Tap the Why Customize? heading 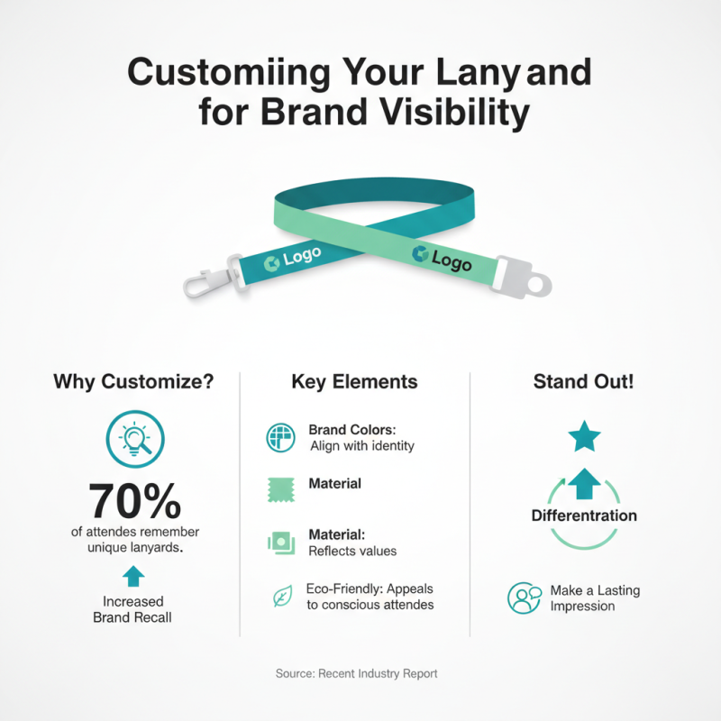pyautogui.click(x=133, y=381)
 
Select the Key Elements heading pyautogui.click(x=354, y=382)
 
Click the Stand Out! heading pyautogui.click(x=583, y=381)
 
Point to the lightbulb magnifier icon pyautogui.click(x=134, y=438)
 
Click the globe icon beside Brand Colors pyautogui.click(x=281, y=437)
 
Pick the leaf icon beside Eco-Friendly pyautogui.click(x=281, y=596)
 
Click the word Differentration pyautogui.click(x=584, y=516)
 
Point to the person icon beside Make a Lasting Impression pyautogui.click(x=524, y=598)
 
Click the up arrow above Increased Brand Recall pyautogui.click(x=133, y=575)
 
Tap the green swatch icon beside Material pyautogui.click(x=281, y=488)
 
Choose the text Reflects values pyautogui.click(x=352, y=551)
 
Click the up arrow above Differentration pyautogui.click(x=584, y=483)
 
